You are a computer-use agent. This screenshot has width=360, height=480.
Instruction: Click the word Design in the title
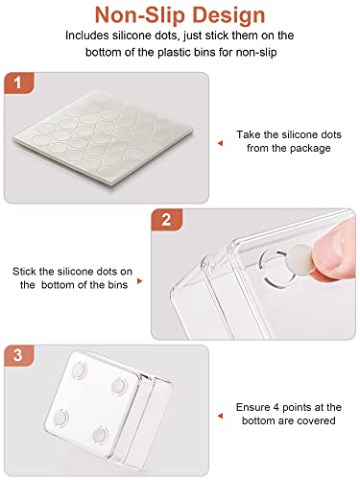pyautogui.click(x=229, y=16)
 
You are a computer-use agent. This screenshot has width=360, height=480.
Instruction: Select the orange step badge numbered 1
pyautogui.click(x=18, y=83)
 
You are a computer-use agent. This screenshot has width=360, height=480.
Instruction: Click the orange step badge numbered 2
pyautogui.click(x=166, y=220)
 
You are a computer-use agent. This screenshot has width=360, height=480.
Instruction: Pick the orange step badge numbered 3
pyautogui.click(x=18, y=355)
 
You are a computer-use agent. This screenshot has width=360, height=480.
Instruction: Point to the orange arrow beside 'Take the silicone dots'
pyautogui.click(x=220, y=143)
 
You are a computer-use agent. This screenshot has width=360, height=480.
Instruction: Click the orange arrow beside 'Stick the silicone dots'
pyautogui.click(x=139, y=280)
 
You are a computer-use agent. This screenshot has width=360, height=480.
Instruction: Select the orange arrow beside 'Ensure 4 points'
pyautogui.click(x=220, y=416)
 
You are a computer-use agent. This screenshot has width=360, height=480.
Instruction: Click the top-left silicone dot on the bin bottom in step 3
pyautogui.click(x=78, y=371)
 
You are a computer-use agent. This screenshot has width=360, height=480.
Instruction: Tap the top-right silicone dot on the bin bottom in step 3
pyautogui.click(x=119, y=385)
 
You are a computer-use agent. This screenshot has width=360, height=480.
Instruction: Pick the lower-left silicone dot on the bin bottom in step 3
pyautogui.click(x=60, y=418)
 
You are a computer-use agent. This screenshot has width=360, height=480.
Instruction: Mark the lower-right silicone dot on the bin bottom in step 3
pyautogui.click(x=100, y=435)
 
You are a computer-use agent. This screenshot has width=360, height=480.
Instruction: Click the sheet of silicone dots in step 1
pyautogui.click(x=104, y=137)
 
